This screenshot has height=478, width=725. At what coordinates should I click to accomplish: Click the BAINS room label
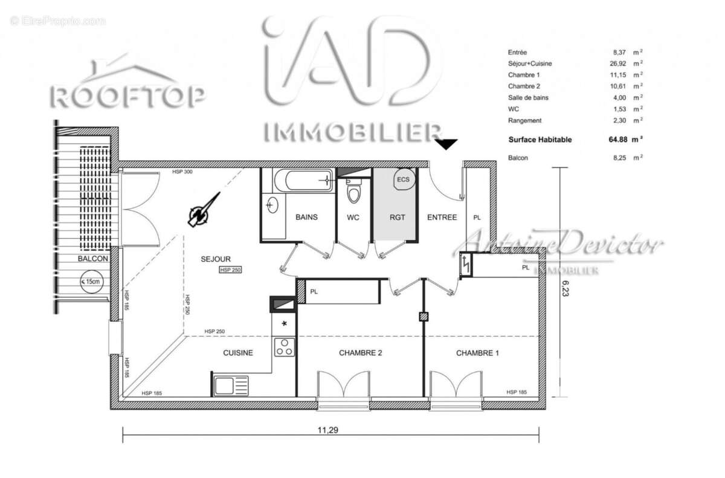click(x=306, y=218)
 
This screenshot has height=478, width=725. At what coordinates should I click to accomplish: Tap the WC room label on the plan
click(x=353, y=218)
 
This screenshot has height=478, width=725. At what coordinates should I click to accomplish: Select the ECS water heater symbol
click(x=403, y=179)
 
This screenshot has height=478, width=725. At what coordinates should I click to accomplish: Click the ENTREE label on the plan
click(x=442, y=218)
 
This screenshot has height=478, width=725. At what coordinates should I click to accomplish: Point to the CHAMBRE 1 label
click(x=477, y=353)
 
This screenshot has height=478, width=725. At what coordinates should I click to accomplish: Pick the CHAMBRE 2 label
click(x=360, y=353)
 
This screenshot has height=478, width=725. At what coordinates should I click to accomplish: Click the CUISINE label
click(x=238, y=353)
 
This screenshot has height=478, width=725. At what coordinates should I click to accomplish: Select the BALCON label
click(x=92, y=259)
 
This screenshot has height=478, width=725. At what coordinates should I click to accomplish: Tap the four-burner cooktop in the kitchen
click(x=285, y=347)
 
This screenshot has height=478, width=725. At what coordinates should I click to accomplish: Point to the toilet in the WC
click(x=353, y=193)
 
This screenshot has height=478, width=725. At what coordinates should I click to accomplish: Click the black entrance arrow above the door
click(x=447, y=144)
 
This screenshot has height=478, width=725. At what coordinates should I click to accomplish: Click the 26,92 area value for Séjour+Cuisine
click(x=616, y=63)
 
